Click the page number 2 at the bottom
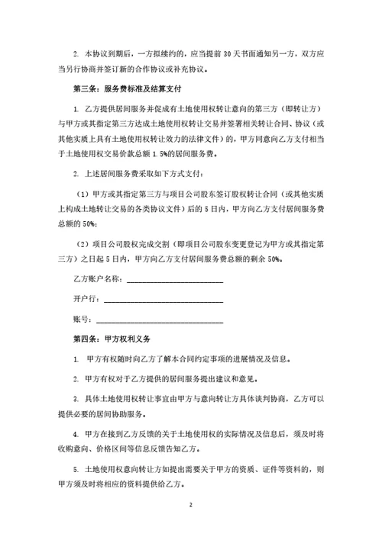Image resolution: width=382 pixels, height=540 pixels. point(191,505)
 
